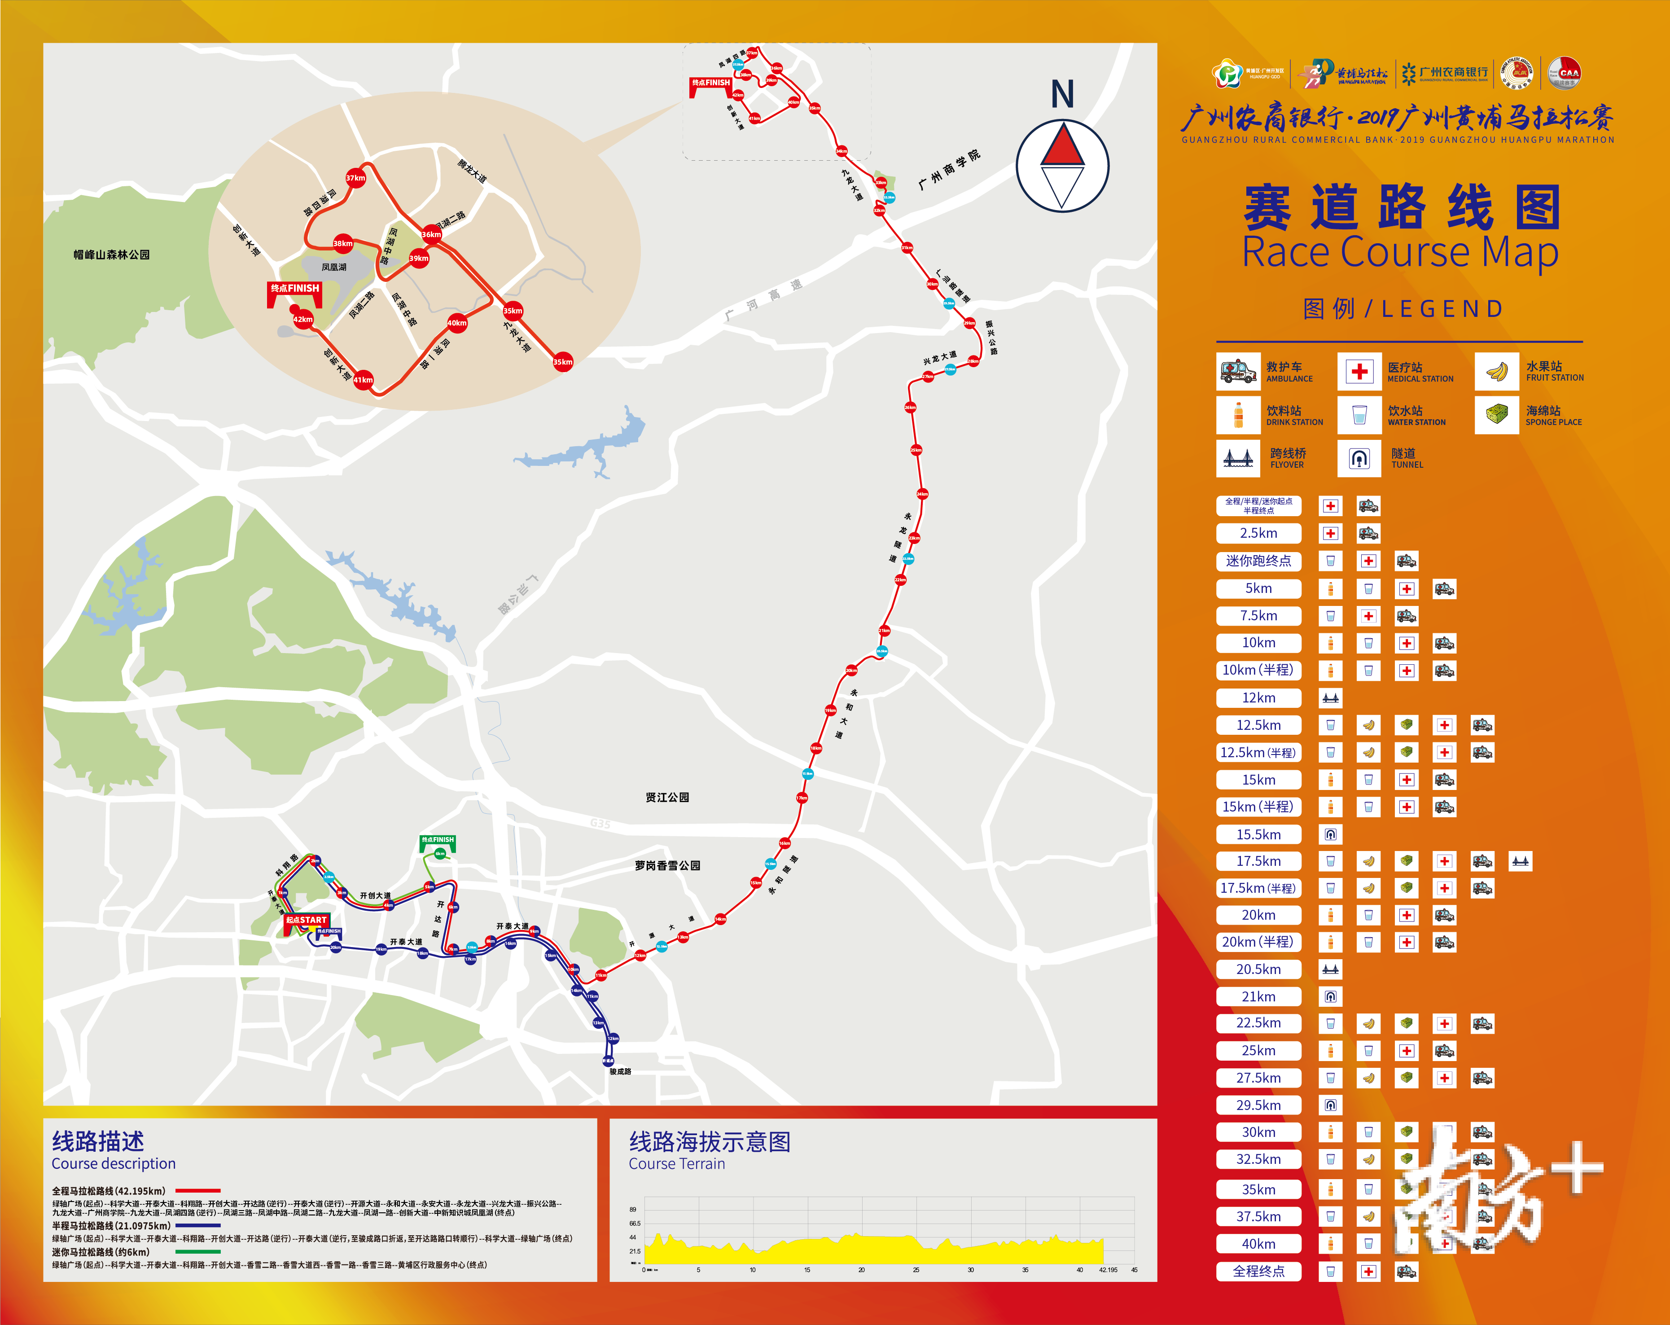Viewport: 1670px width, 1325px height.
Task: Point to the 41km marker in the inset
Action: pyautogui.click(x=363, y=380)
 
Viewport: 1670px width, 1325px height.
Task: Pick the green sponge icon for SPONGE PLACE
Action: pyautogui.click(x=1496, y=415)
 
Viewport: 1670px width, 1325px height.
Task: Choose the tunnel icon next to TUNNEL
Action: pyautogui.click(x=1359, y=459)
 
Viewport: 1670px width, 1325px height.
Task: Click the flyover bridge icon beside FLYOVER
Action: pyautogui.click(x=1238, y=459)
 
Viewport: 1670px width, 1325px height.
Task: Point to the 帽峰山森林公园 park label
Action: pyautogui.click(x=112, y=254)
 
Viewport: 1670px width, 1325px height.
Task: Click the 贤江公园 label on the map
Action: pyautogui.click(x=667, y=797)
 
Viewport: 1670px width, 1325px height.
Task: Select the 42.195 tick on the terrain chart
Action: pyautogui.click(x=1108, y=1270)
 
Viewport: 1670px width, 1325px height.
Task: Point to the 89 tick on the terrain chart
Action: pyautogui.click(x=633, y=1209)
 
